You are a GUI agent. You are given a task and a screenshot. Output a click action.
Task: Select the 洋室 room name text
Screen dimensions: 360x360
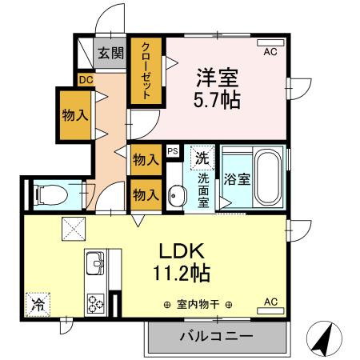[x=217, y=79]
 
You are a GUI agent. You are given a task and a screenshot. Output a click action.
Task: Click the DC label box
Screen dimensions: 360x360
[x=86, y=78]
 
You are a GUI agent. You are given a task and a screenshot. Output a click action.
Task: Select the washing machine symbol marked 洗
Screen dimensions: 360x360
[x=203, y=156]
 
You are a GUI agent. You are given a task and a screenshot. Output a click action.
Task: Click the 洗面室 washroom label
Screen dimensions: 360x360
[x=203, y=190]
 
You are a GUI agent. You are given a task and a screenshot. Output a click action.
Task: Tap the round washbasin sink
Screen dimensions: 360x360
[x=177, y=194]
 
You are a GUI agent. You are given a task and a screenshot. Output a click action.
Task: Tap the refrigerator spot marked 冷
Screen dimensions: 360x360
[x=37, y=303]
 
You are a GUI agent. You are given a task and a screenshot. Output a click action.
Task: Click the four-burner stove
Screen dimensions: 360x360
[x=96, y=304]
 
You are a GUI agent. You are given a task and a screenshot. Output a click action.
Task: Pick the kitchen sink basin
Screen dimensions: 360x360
[x=94, y=262]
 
